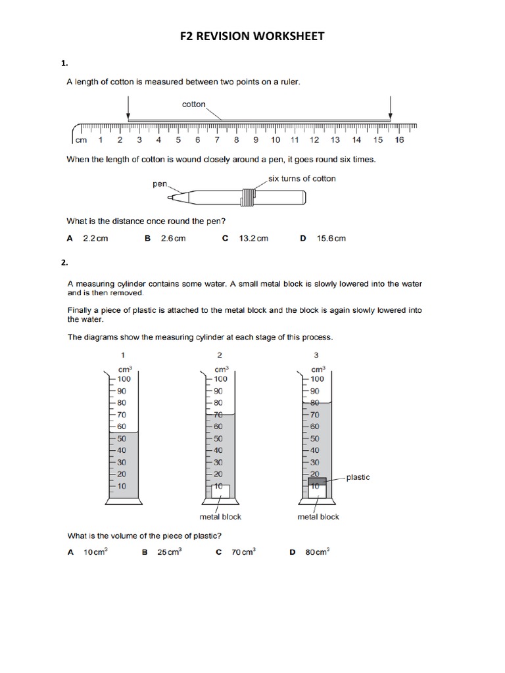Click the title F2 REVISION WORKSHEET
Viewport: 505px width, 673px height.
pyautogui.click(x=252, y=36)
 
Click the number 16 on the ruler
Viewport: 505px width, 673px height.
pyautogui.click(x=400, y=139)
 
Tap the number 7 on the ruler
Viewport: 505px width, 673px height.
pyautogui.click(x=216, y=139)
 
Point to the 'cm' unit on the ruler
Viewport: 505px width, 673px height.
pyautogui.click(x=81, y=139)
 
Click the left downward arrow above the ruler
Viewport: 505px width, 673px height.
pyautogui.click(x=128, y=107)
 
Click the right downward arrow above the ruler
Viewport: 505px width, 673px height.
pyautogui.click(x=391, y=107)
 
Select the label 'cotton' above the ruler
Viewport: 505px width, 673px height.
pyautogui.click(x=194, y=104)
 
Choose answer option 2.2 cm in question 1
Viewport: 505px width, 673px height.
pyautogui.click(x=95, y=239)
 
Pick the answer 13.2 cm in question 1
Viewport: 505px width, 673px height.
pyautogui.click(x=254, y=239)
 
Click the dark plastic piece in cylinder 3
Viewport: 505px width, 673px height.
pyautogui.click(x=316, y=481)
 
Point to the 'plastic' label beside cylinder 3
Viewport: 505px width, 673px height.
pyautogui.click(x=358, y=477)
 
